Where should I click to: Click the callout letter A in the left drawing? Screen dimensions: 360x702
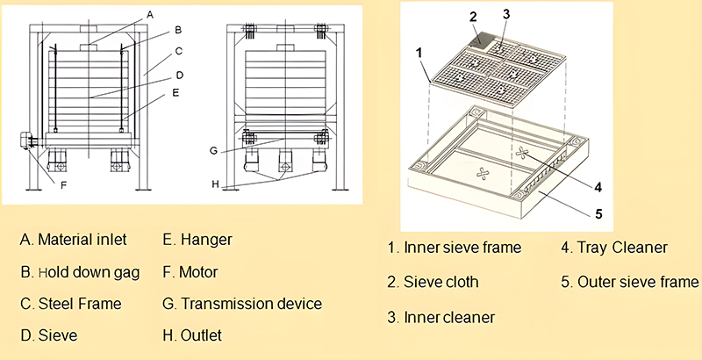pyautogui.click(x=150, y=15)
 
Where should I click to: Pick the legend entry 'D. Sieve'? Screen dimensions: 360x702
pyautogui.click(x=48, y=336)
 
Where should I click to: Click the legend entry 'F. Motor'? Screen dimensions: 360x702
pyautogui.click(x=190, y=272)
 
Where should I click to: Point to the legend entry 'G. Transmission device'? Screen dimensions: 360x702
pyautogui.click(x=242, y=305)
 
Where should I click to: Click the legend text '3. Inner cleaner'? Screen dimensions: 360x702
pyautogui.click(x=442, y=316)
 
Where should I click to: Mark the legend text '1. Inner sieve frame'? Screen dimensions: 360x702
pyautogui.click(x=455, y=248)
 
